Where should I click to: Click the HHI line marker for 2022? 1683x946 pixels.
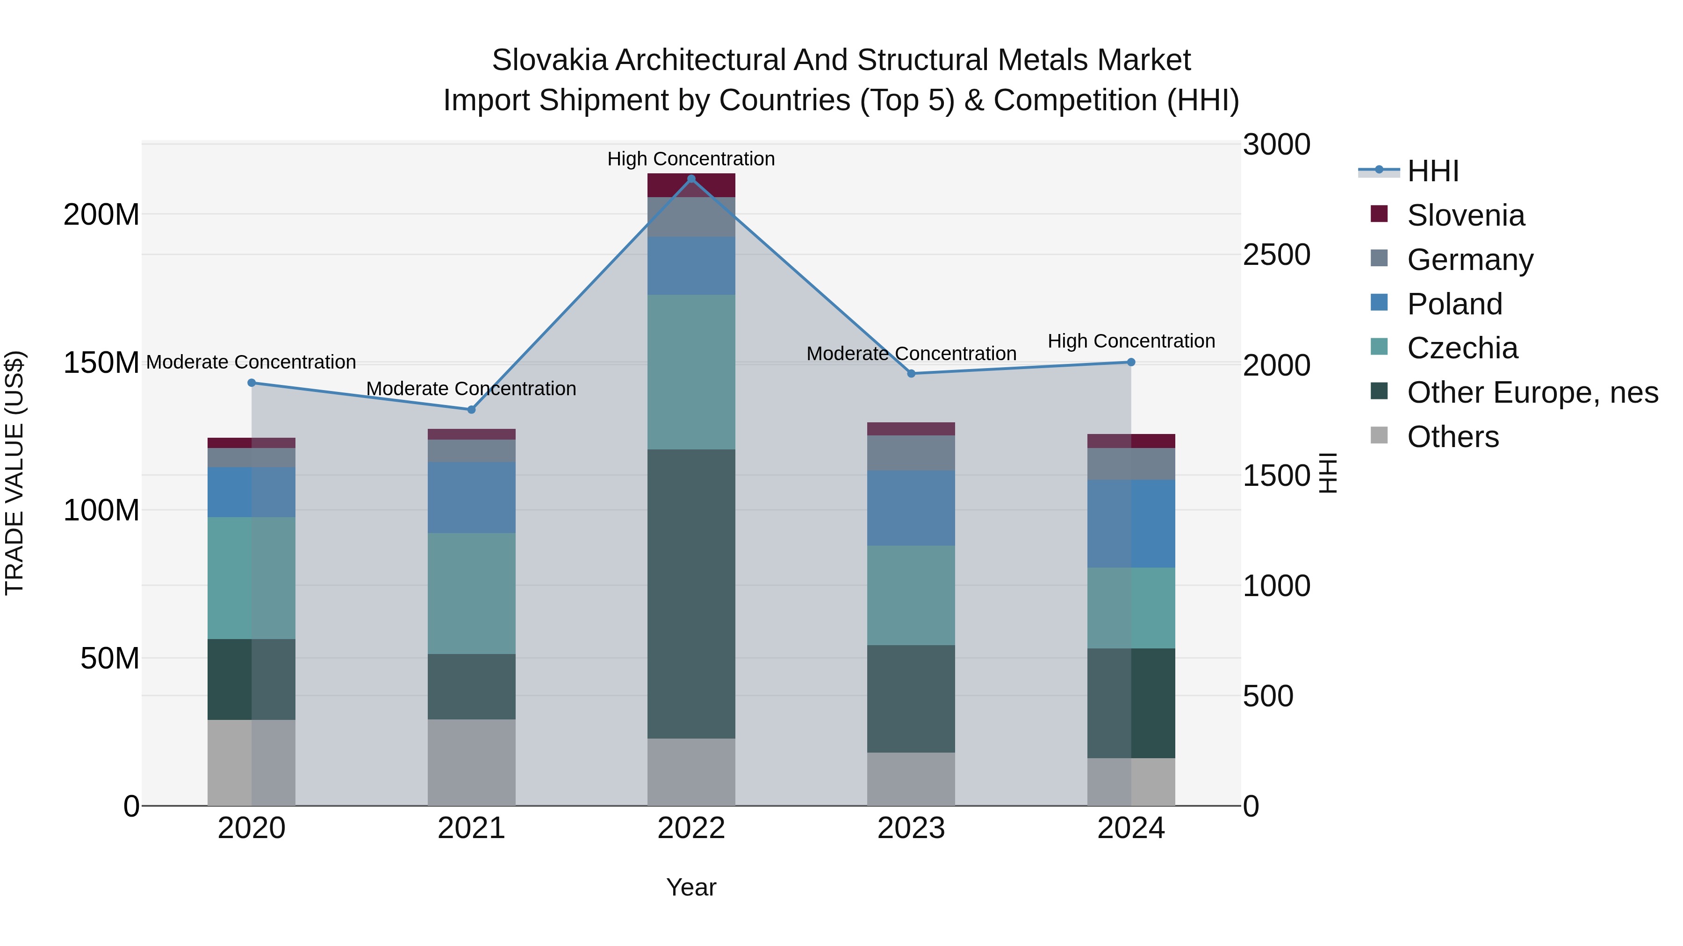click(x=691, y=179)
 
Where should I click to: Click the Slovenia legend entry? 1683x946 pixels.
click(x=1466, y=215)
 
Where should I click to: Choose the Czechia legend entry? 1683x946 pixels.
click(x=1462, y=348)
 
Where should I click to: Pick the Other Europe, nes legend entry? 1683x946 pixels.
click(x=1532, y=392)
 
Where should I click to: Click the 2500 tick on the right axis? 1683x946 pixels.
click(x=1276, y=255)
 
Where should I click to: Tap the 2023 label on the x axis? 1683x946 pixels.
click(x=911, y=828)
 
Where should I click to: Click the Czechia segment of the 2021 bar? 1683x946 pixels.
click(x=471, y=593)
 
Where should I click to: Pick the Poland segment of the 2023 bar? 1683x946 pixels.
click(x=911, y=508)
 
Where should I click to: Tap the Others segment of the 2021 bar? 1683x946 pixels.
click(x=471, y=762)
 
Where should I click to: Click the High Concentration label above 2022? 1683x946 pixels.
click(x=691, y=159)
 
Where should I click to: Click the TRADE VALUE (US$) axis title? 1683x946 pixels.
click(x=14, y=473)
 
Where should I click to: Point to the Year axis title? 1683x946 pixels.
click(x=691, y=887)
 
